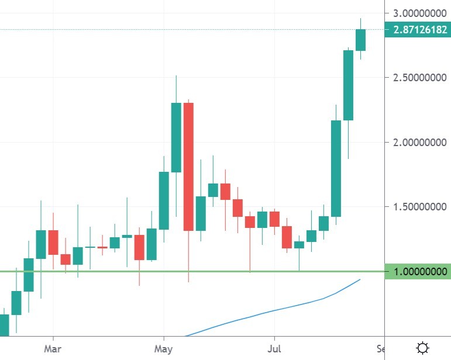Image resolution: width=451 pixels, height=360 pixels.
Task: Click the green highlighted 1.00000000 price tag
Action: pyautogui.click(x=418, y=272)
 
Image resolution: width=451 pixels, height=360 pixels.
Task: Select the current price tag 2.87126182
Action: pyautogui.click(x=418, y=29)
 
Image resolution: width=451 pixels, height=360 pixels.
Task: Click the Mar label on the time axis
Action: pyautogui.click(x=53, y=349)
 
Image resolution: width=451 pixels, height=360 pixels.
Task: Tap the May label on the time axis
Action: pyautogui.click(x=164, y=349)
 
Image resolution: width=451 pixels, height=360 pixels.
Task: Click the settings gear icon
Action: pyautogui.click(x=422, y=348)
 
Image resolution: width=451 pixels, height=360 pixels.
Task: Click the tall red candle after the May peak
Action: pyautogui.click(x=188, y=167)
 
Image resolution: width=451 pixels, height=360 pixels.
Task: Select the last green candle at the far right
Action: pyautogui.click(x=360, y=40)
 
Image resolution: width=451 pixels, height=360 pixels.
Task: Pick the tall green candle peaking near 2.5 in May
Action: pyautogui.click(x=176, y=137)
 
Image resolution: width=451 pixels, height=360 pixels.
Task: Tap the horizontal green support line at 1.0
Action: pyautogui.click(x=117, y=271)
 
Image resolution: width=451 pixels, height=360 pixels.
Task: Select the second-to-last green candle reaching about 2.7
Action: pyautogui.click(x=348, y=85)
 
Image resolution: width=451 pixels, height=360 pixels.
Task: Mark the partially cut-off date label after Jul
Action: pyautogui.click(x=381, y=349)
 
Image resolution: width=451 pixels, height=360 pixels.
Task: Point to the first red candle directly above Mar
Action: pyautogui.click(x=53, y=242)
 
